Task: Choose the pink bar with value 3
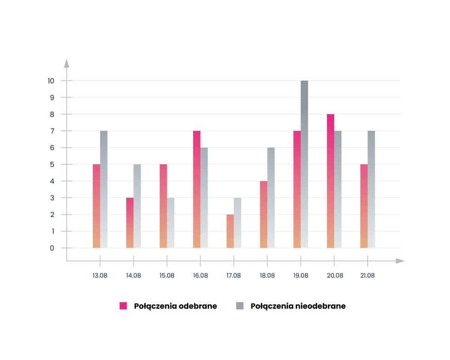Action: [x=129, y=223]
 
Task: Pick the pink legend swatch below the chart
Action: [x=123, y=306]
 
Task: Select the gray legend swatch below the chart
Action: [x=241, y=306]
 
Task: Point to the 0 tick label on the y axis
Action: [x=51, y=248]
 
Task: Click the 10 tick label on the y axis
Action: [x=51, y=81]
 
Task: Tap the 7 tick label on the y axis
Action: [x=51, y=131]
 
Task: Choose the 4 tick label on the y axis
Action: [x=51, y=181]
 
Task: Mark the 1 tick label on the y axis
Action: [x=53, y=231]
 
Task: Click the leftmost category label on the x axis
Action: [x=101, y=276]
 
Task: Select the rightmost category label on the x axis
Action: [x=367, y=276]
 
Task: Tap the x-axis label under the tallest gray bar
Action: [x=301, y=276]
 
